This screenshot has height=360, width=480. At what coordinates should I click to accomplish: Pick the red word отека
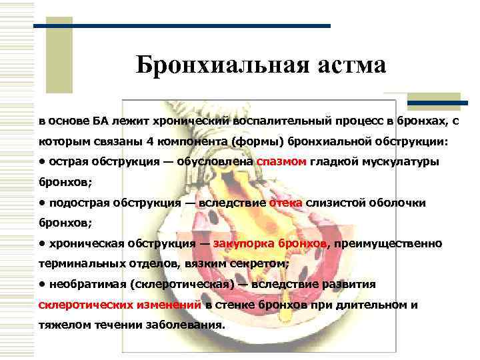(x=285, y=203)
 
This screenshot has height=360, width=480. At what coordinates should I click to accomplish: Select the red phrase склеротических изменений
(x=120, y=305)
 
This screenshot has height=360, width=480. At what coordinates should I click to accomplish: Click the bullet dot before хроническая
(x=41, y=243)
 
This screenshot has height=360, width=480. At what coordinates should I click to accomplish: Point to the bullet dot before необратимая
(x=41, y=284)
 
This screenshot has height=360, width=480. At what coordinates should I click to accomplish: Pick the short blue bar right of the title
(x=437, y=103)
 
